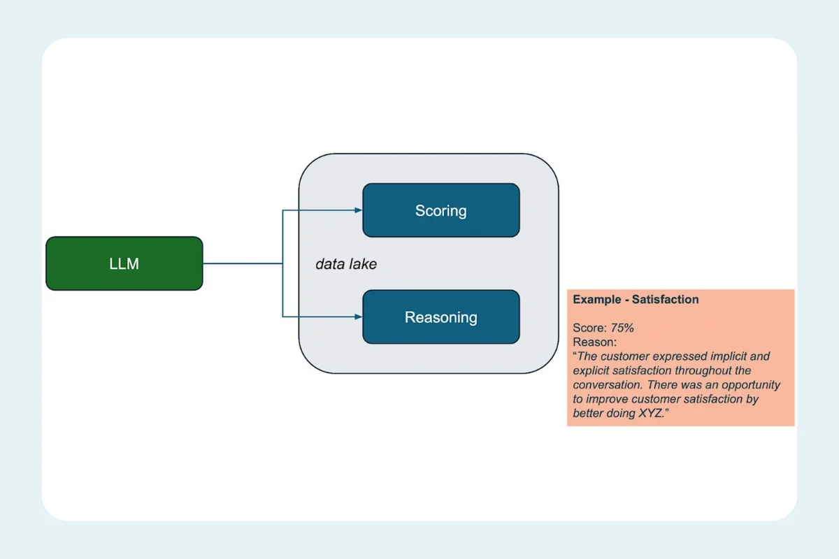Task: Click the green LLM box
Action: [124, 263]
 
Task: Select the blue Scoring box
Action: [440, 210]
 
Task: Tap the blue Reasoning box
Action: [440, 317]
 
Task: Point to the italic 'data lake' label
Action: [346, 264]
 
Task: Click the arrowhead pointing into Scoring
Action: [358, 210]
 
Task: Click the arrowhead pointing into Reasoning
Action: [358, 317]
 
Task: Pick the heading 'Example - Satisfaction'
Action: [636, 299]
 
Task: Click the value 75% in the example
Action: [622, 328]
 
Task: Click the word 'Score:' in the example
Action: [590, 328]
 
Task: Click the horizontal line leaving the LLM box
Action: [242, 263]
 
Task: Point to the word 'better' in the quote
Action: [589, 414]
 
